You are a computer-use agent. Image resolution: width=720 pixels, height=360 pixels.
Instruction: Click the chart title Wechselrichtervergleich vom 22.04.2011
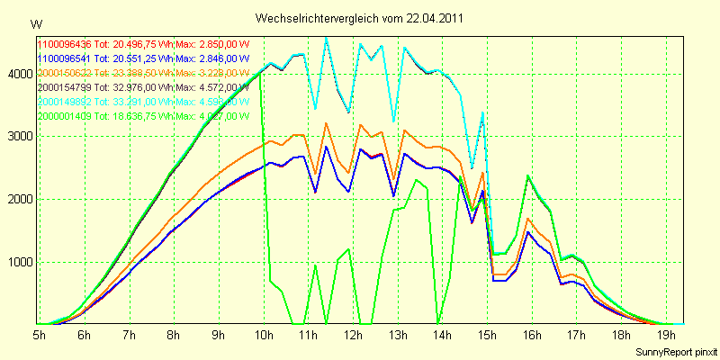(360, 18)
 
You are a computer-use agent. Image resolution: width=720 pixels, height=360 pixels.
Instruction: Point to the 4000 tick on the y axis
(19, 75)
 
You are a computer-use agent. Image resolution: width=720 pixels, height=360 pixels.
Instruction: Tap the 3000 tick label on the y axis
(19, 137)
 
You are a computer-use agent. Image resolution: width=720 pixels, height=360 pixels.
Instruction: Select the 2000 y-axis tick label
(19, 200)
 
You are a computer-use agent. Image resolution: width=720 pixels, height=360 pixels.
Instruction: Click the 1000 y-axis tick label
(19, 263)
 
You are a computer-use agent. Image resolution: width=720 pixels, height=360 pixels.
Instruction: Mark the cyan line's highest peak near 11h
(326, 38)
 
